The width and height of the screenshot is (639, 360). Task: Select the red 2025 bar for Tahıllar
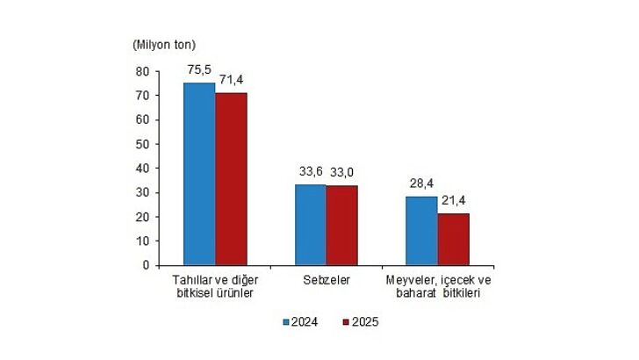point(231,179)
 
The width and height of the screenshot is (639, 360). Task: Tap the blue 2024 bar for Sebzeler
point(310,225)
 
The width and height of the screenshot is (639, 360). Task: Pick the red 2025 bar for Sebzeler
point(341,226)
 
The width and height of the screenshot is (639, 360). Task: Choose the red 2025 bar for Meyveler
point(453,239)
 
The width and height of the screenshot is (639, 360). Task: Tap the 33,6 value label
point(309,172)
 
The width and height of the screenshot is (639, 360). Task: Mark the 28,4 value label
point(422,184)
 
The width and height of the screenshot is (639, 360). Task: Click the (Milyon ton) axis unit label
point(164,43)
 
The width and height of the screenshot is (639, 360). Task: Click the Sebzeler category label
point(326,280)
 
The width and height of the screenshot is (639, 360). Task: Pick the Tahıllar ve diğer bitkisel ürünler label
point(214,286)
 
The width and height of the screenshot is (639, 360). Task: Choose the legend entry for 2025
point(361,322)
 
